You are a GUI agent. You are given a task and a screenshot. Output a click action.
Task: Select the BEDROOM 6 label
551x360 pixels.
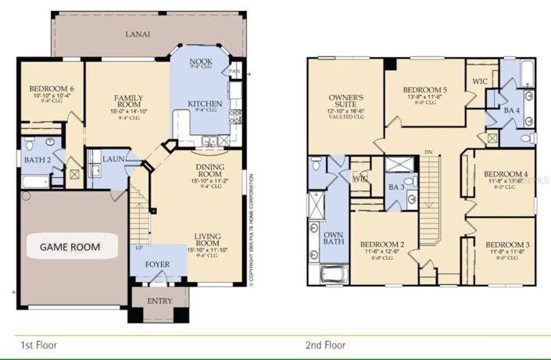pyautogui.click(x=52, y=90)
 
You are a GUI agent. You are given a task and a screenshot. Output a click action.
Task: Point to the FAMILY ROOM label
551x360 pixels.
pyautogui.click(x=127, y=102)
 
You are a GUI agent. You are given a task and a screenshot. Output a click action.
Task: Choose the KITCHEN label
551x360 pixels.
pyautogui.click(x=205, y=104)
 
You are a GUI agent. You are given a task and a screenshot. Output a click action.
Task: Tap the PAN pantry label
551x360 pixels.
pyautogui.click(x=234, y=71)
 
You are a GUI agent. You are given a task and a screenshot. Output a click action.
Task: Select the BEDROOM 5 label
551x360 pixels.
pyautogui.click(x=424, y=90)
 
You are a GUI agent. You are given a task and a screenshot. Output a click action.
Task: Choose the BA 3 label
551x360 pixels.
pyautogui.click(x=395, y=187)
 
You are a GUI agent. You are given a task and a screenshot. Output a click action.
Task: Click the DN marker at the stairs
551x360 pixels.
pyautogui.click(x=427, y=152)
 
